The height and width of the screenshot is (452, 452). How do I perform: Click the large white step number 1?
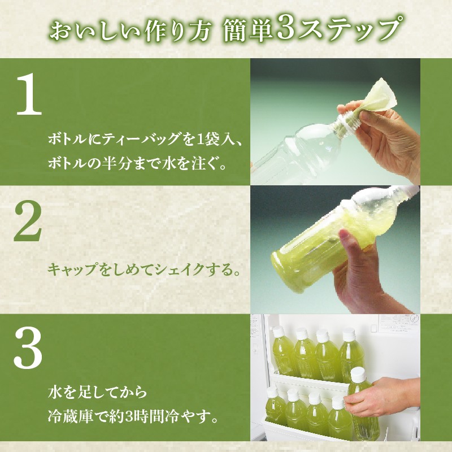click(x=29, y=94)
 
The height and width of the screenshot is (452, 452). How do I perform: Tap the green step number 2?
click(x=28, y=221)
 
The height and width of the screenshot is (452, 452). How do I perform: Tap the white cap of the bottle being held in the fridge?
click(x=358, y=374)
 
